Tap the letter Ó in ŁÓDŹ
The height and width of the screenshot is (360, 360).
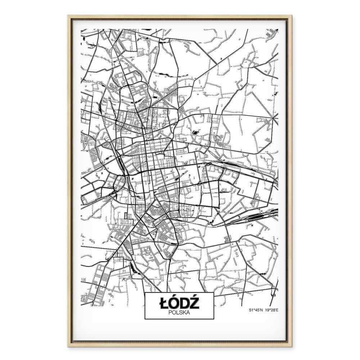click(174, 303)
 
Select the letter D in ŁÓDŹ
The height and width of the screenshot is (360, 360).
click(185, 303)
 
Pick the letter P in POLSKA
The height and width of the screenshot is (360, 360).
click(170, 312)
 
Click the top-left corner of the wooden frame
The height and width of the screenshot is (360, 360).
click(68, 15)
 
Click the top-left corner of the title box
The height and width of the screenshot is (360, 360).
click(145, 293)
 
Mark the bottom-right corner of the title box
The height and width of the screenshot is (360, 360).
click(214, 319)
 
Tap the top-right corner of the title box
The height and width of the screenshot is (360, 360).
click(214, 293)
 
